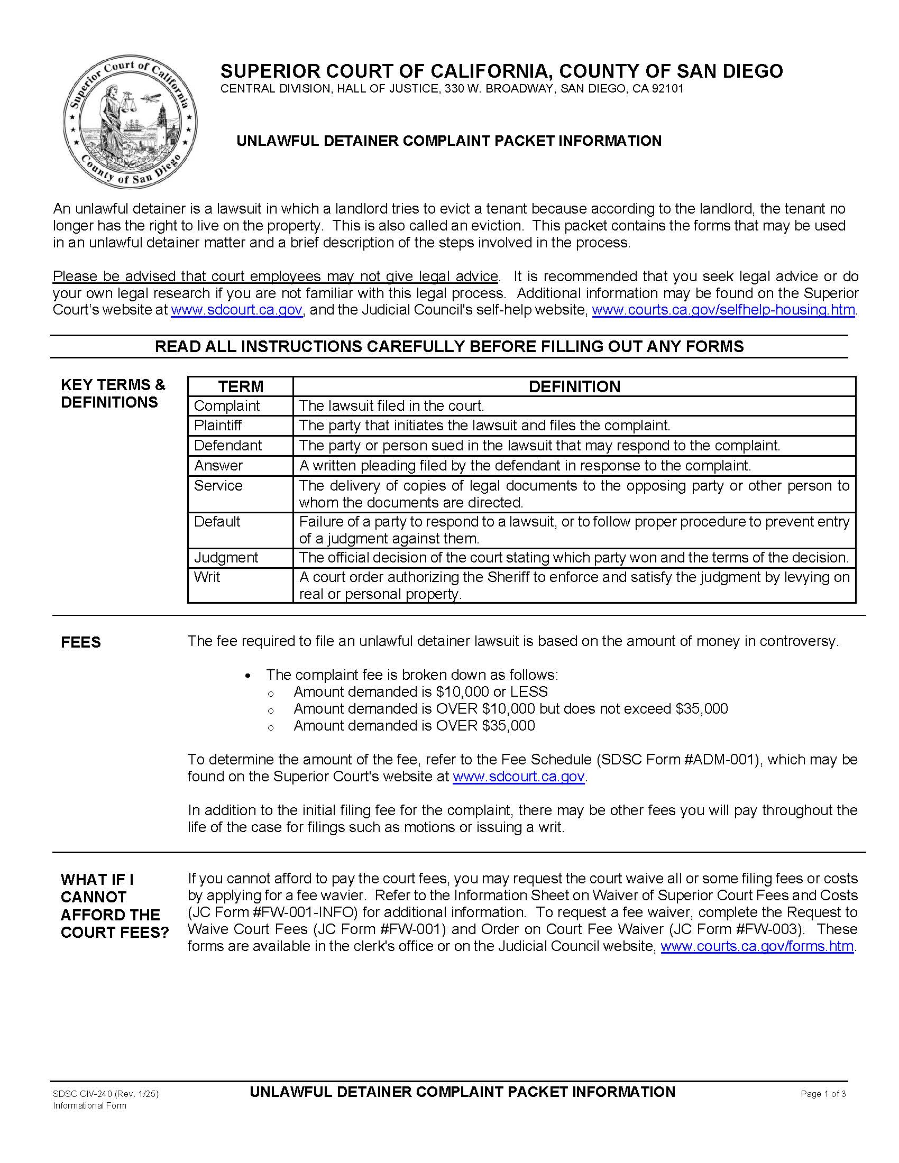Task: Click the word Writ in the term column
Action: point(207,577)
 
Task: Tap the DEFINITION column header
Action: point(574,386)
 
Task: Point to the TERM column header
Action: point(240,386)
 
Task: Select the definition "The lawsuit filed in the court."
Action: point(391,405)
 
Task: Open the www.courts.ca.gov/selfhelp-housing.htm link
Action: point(723,309)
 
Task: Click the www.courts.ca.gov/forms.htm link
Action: point(757,946)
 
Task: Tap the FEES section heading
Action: point(80,642)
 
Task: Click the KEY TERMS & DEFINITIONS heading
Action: point(113,393)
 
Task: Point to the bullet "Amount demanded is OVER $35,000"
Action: point(414,725)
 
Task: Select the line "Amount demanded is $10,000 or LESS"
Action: point(420,691)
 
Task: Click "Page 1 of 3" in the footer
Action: point(823,1094)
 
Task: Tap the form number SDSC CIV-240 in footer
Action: point(82,1094)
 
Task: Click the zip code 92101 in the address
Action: point(671,88)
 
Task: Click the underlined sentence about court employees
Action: point(276,276)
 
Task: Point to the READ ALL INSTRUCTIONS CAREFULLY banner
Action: point(449,346)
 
